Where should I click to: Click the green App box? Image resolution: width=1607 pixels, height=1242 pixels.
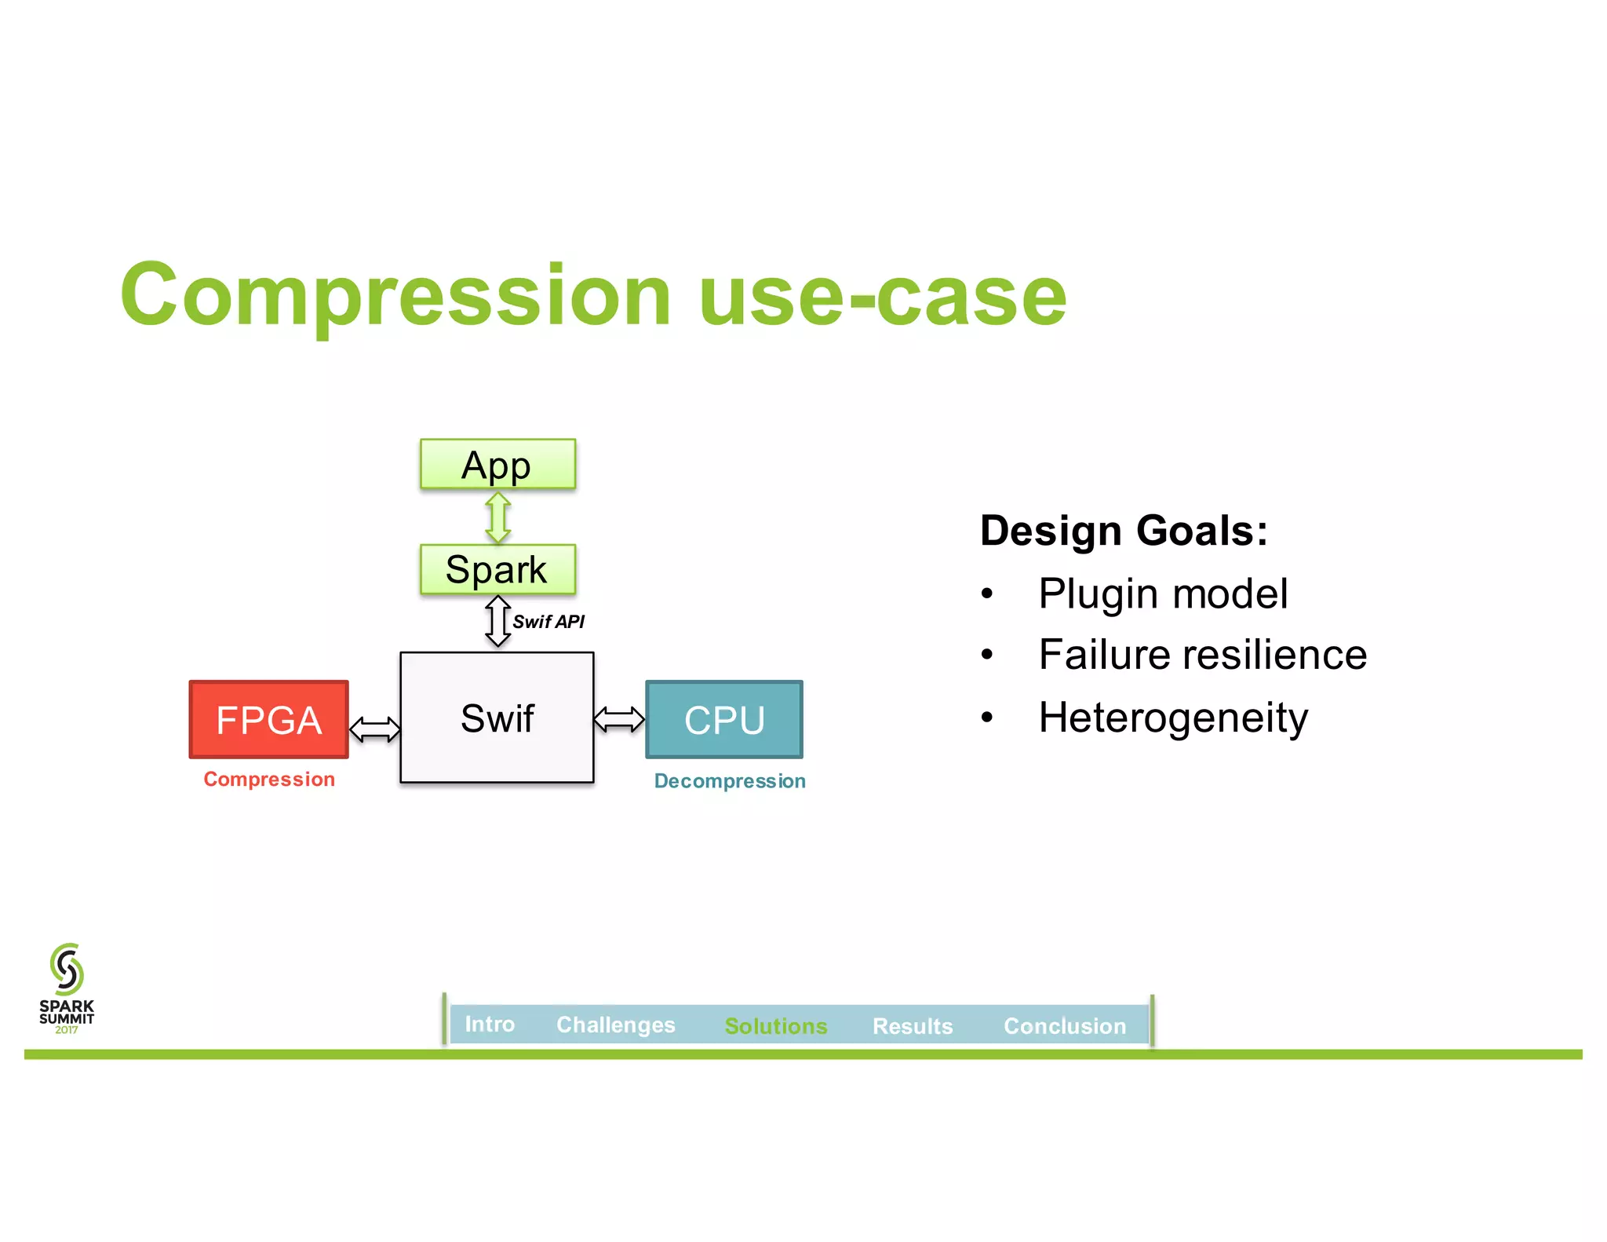pyautogui.click(x=497, y=464)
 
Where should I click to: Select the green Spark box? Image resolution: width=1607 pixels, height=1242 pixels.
pyautogui.click(x=497, y=569)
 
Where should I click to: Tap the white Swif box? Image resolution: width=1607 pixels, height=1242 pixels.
pyautogui.click(x=497, y=718)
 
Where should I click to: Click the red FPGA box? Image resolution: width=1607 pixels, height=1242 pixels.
pyautogui.click(x=268, y=719)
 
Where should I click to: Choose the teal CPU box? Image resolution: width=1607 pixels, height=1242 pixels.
pyautogui.click(x=723, y=719)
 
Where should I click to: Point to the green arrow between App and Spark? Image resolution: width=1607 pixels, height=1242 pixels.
pyautogui.click(x=498, y=517)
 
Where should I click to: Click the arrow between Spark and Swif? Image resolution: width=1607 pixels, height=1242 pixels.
pyautogui.click(x=497, y=621)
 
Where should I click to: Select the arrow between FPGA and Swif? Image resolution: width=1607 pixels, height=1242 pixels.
pyautogui.click(x=375, y=729)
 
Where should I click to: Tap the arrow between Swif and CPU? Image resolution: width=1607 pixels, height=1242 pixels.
pyautogui.click(x=619, y=718)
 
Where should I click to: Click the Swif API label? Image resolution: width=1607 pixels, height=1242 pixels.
pyautogui.click(x=548, y=622)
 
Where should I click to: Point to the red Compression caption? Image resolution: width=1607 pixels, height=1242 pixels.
pyautogui.click(x=269, y=779)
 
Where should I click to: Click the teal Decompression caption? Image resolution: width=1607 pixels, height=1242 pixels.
pyautogui.click(x=730, y=781)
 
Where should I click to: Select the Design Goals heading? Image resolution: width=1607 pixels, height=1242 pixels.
pyautogui.click(x=1123, y=531)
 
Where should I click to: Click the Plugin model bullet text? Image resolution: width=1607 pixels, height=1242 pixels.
pyautogui.click(x=1162, y=594)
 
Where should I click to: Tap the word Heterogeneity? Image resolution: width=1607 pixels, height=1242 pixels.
pyautogui.click(x=1173, y=718)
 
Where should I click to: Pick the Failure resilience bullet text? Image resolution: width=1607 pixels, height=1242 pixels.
pyautogui.click(x=1202, y=655)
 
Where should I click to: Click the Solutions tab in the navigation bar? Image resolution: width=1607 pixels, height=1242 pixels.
pyautogui.click(x=775, y=1026)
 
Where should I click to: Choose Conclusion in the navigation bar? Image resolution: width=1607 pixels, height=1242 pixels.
pyautogui.click(x=1064, y=1026)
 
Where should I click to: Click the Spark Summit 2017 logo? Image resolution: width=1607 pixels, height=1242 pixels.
pyautogui.click(x=67, y=988)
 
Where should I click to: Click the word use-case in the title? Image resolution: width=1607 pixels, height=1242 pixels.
pyautogui.click(x=882, y=295)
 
